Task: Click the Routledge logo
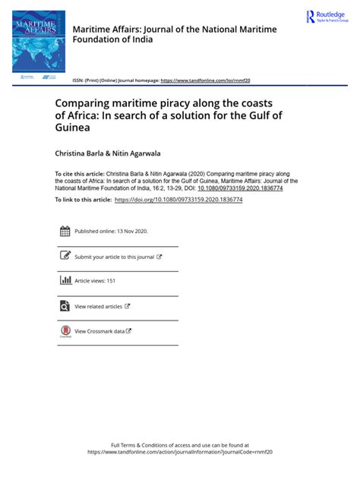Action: click(x=325, y=17)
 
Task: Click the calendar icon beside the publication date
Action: click(x=65, y=231)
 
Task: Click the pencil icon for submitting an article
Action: click(x=65, y=257)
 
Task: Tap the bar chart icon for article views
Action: click(x=65, y=280)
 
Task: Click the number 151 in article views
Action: click(x=111, y=281)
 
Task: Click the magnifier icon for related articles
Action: click(x=65, y=306)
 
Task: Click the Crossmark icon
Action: click(x=65, y=332)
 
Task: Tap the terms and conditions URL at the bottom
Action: click(x=180, y=451)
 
